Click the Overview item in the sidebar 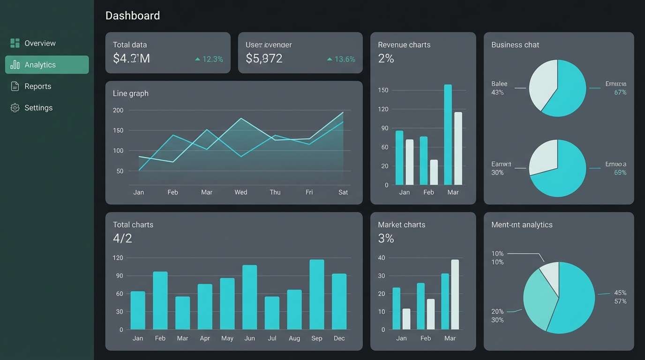point(39,43)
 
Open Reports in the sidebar point(37,86)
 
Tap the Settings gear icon point(15,108)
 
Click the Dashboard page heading point(133,15)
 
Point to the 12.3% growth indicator point(209,59)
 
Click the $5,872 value point(264,59)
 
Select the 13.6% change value point(341,59)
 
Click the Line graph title point(131,93)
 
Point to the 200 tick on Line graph point(118,110)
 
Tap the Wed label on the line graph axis point(240,192)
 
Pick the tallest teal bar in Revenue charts point(448,135)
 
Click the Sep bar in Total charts point(317,294)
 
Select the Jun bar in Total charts point(249,297)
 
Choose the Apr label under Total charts point(205,338)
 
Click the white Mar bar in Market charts point(455,294)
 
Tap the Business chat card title point(515,45)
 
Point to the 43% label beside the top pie point(497,92)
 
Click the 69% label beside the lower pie point(620,172)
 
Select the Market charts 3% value point(386,239)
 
